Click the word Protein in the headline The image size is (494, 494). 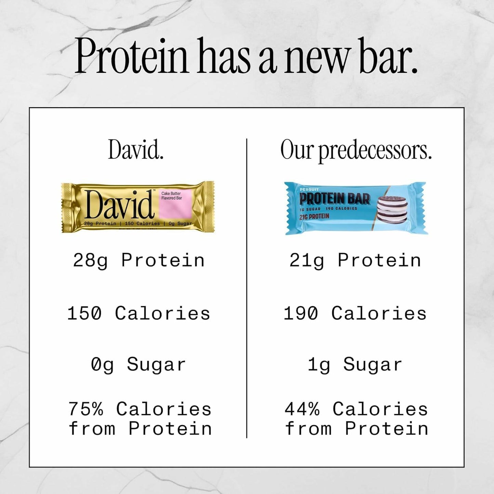[131, 56]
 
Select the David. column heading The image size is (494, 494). [136, 150]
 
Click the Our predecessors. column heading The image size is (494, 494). [356, 150]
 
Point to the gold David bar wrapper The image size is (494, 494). [137, 207]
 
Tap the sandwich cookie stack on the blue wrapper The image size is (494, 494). [392, 209]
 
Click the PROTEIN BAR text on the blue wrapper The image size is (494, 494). [334, 199]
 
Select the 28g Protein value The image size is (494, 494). [139, 260]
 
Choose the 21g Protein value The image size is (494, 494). [355, 260]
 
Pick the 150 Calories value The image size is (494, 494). [139, 313]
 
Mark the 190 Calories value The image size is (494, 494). [355, 313]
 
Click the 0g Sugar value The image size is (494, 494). [138, 364]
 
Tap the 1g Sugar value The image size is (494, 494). [355, 364]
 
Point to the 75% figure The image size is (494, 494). [85, 409]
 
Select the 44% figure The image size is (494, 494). [302, 409]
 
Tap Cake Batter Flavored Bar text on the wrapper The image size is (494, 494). [172, 196]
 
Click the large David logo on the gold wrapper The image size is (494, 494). [119, 204]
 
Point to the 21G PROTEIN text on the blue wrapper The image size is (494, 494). [314, 216]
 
